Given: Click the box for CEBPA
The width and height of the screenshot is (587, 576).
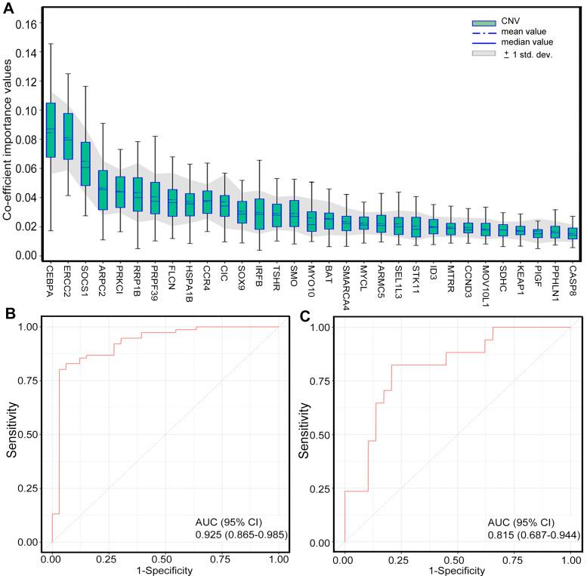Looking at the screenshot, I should (x=51, y=130).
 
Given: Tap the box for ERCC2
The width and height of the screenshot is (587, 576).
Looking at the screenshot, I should (x=68, y=136).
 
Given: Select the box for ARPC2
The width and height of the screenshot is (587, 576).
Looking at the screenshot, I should (x=103, y=189).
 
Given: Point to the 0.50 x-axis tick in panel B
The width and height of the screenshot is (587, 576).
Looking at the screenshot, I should (x=165, y=557).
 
